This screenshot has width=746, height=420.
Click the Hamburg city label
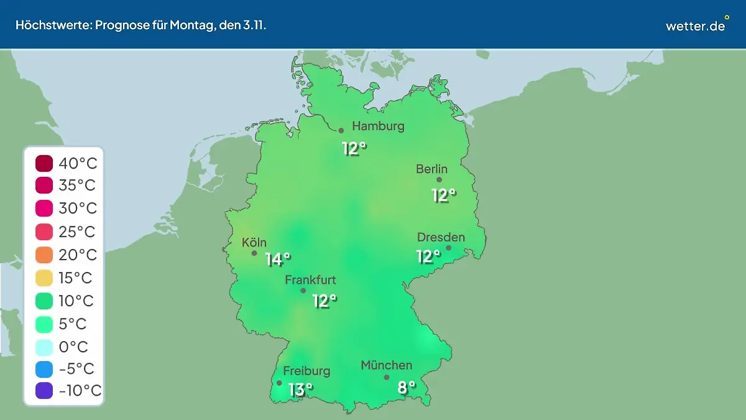pyautogui.click(x=378, y=126)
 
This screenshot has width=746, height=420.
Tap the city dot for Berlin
pyautogui.click(x=439, y=180)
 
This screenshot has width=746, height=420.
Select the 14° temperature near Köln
pyautogui.click(x=278, y=259)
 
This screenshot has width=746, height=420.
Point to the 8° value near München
pyautogui.click(x=407, y=388)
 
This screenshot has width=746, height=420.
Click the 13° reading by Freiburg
pyautogui.click(x=300, y=390)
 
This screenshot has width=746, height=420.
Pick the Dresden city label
pyautogui.click(x=441, y=238)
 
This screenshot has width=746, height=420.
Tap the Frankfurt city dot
pyautogui.click(x=303, y=291)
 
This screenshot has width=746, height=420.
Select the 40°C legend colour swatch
pyautogui.click(x=44, y=164)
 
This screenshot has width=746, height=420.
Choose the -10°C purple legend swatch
pyautogui.click(x=44, y=391)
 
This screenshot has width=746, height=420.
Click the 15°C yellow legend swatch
pyautogui.click(x=44, y=278)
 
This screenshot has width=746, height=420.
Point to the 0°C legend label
pyautogui.click(x=73, y=346)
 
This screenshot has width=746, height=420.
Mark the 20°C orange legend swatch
pyautogui.click(x=44, y=254)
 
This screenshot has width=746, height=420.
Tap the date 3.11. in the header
pyautogui.click(x=253, y=26)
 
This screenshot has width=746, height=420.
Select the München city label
pyautogui.click(x=386, y=365)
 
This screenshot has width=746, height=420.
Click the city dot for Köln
pyautogui.click(x=254, y=253)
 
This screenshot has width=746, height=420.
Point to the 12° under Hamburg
pyautogui.click(x=354, y=149)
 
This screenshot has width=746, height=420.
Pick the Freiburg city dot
pyautogui.click(x=279, y=383)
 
